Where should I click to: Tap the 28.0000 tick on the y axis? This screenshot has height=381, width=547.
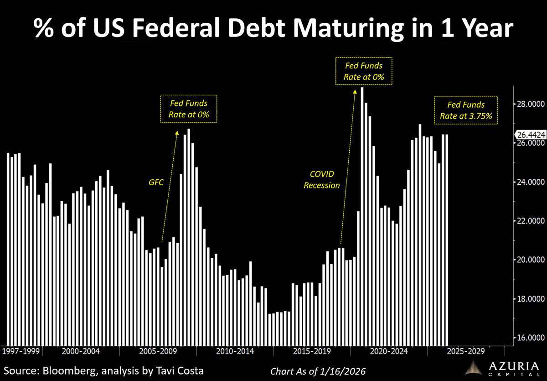tap(529, 104)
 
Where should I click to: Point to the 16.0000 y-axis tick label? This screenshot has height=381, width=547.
tap(529, 338)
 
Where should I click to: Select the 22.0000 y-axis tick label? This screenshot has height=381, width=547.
tap(529, 221)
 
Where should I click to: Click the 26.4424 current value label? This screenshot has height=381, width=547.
tap(530, 135)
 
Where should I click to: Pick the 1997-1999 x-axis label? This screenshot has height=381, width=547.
tap(21, 352)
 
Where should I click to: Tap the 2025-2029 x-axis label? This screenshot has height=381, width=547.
tap(465, 352)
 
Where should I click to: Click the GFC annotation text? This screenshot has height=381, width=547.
tap(156, 183)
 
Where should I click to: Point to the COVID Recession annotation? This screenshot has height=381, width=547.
tap(322, 180)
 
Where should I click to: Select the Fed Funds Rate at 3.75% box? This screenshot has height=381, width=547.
tap(465, 110)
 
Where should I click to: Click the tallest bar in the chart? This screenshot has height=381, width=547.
tap(362, 214)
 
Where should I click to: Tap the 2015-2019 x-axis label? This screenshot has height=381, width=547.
tap(312, 352)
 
